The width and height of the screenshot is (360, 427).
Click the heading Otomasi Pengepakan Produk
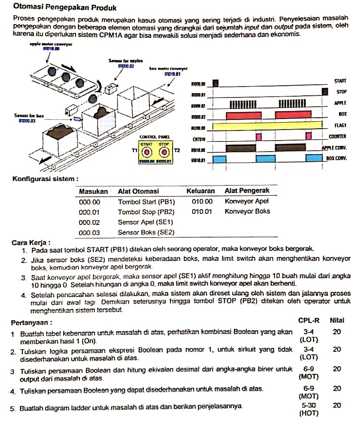[x=65, y=7]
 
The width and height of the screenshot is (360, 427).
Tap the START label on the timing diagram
[x=340, y=81]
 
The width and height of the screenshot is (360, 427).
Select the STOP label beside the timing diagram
[x=342, y=92]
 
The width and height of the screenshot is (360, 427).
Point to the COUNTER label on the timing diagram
[x=338, y=137]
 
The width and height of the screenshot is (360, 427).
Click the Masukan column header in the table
[x=93, y=191]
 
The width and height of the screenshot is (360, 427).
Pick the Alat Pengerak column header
[x=247, y=191]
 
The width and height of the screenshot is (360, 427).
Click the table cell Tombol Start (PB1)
[x=146, y=202]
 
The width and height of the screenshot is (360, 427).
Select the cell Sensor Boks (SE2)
[x=146, y=232]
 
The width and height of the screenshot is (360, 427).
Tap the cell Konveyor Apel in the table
[x=246, y=201]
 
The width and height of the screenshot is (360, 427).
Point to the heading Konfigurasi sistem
[x=46, y=179]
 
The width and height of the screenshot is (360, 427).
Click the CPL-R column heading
[x=309, y=320]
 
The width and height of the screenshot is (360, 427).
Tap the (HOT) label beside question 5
[x=309, y=413]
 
